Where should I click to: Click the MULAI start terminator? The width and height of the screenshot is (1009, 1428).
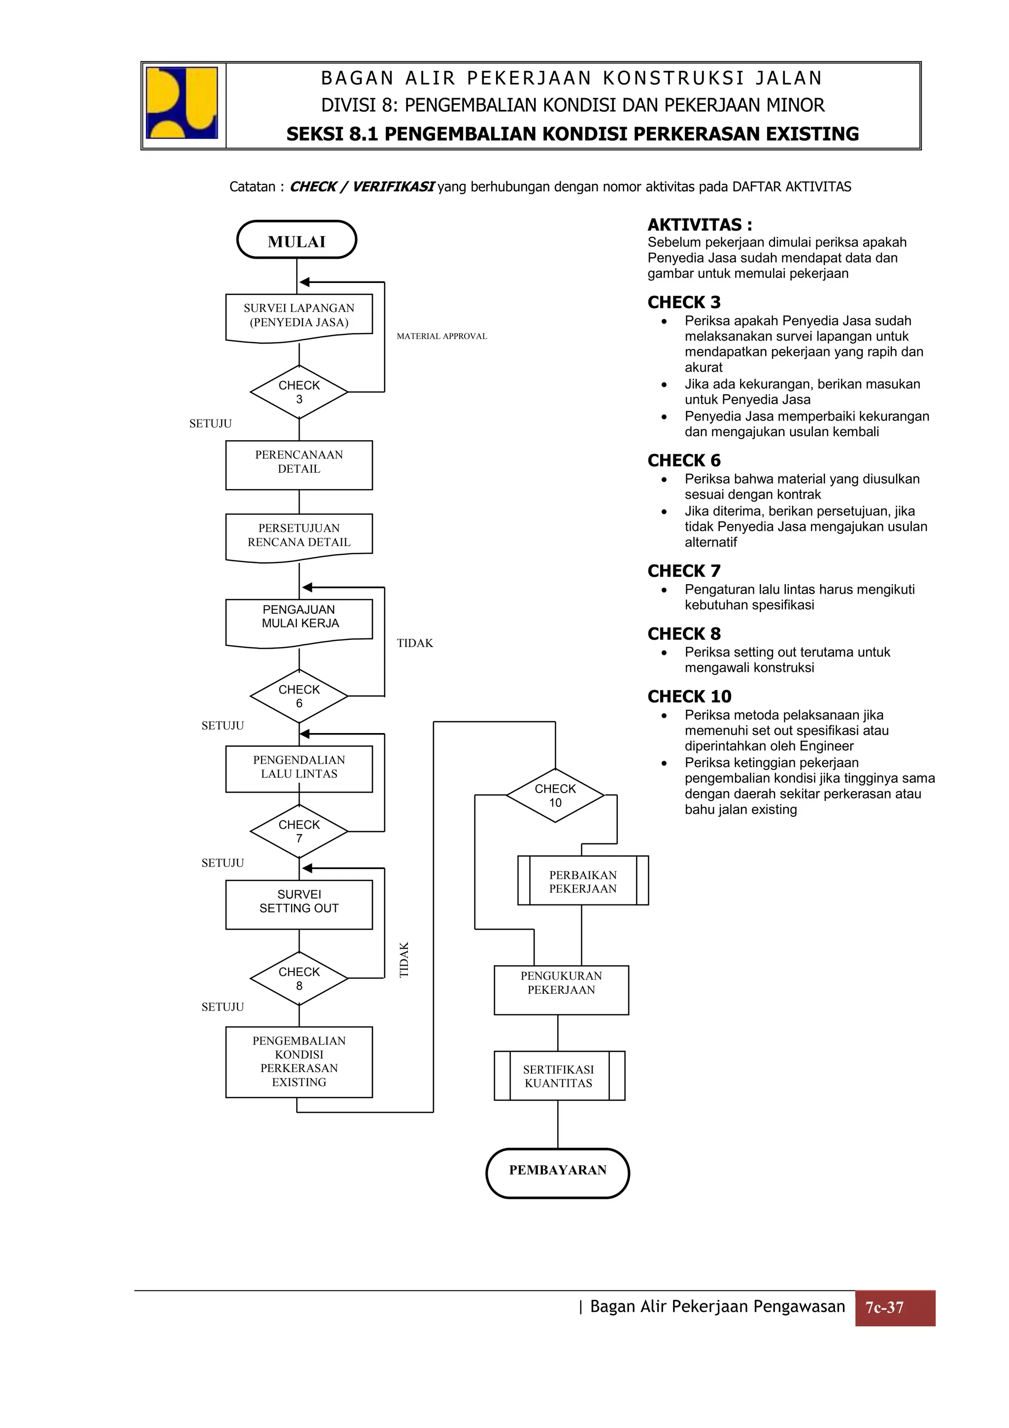(x=297, y=240)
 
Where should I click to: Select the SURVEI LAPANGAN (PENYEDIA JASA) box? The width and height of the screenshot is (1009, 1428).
(x=299, y=316)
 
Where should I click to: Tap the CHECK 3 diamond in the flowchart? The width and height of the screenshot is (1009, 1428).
(x=299, y=392)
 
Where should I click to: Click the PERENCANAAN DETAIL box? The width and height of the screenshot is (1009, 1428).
(x=299, y=465)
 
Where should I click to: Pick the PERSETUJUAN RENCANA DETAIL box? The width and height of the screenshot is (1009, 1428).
(x=299, y=535)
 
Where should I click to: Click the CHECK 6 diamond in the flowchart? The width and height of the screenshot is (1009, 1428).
(x=299, y=697)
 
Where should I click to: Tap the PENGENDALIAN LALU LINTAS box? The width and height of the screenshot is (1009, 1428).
(x=299, y=769)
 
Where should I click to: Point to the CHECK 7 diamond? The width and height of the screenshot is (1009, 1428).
(x=299, y=832)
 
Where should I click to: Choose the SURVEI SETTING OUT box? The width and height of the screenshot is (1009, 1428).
(x=299, y=905)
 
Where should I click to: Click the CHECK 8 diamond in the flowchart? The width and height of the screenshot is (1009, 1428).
(x=299, y=978)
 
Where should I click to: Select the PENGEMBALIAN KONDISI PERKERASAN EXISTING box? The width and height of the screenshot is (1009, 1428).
(x=299, y=1062)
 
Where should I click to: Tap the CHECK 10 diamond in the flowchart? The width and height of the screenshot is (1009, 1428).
(x=555, y=796)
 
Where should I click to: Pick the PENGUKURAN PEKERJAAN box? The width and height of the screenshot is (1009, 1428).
(x=561, y=990)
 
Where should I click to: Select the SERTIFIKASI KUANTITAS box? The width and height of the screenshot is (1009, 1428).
(x=559, y=1076)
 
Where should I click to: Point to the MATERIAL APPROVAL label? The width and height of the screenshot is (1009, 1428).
(x=442, y=337)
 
